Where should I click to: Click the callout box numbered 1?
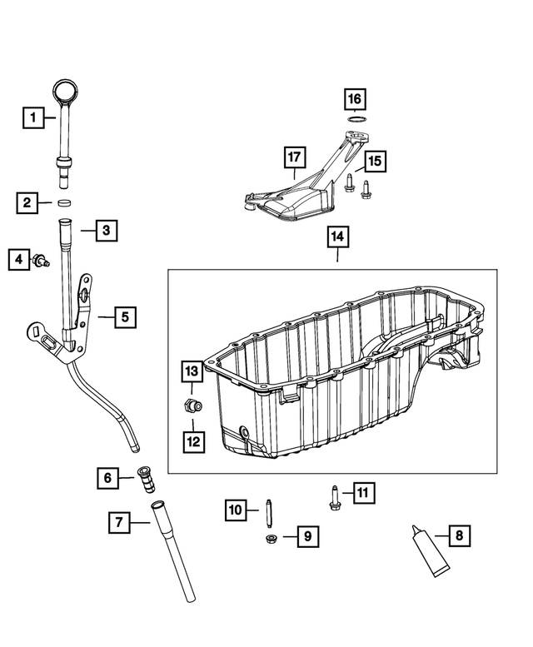[33, 118]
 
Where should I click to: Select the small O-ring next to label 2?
[64, 202]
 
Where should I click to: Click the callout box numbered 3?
[105, 230]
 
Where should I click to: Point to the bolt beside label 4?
[39, 261]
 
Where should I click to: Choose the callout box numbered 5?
[125, 316]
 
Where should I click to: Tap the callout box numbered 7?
[120, 523]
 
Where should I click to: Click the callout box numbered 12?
[192, 442]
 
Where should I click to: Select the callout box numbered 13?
[192, 371]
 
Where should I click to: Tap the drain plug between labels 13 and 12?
[192, 407]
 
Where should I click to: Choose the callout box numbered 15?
[374, 161]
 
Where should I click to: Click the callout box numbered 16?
[356, 99]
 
